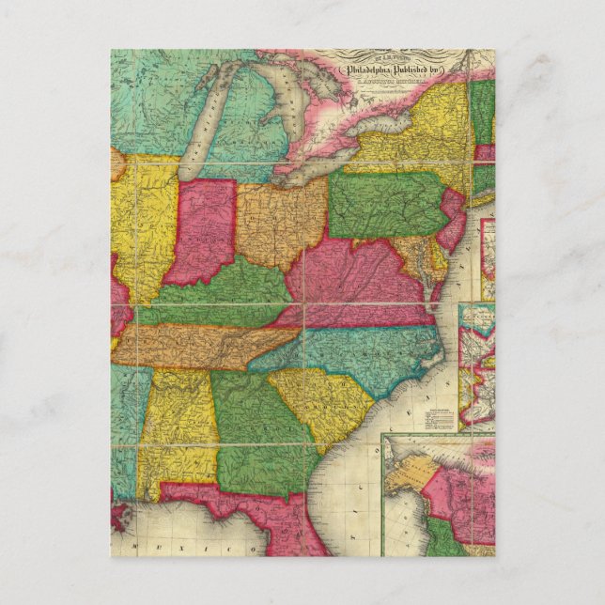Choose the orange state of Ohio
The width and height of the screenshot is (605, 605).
[280, 221]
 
